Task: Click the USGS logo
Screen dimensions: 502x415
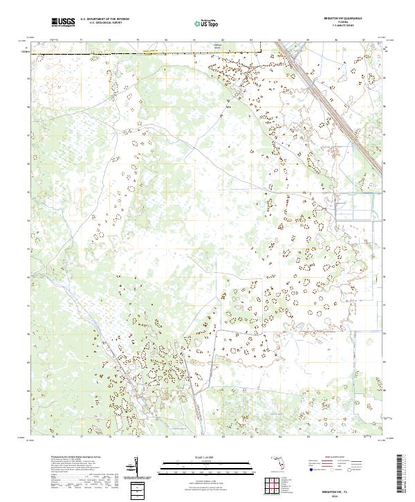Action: [x=63, y=22]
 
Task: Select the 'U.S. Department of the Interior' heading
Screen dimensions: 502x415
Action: [x=104, y=19]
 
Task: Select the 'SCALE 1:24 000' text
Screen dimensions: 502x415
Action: [x=205, y=455]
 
